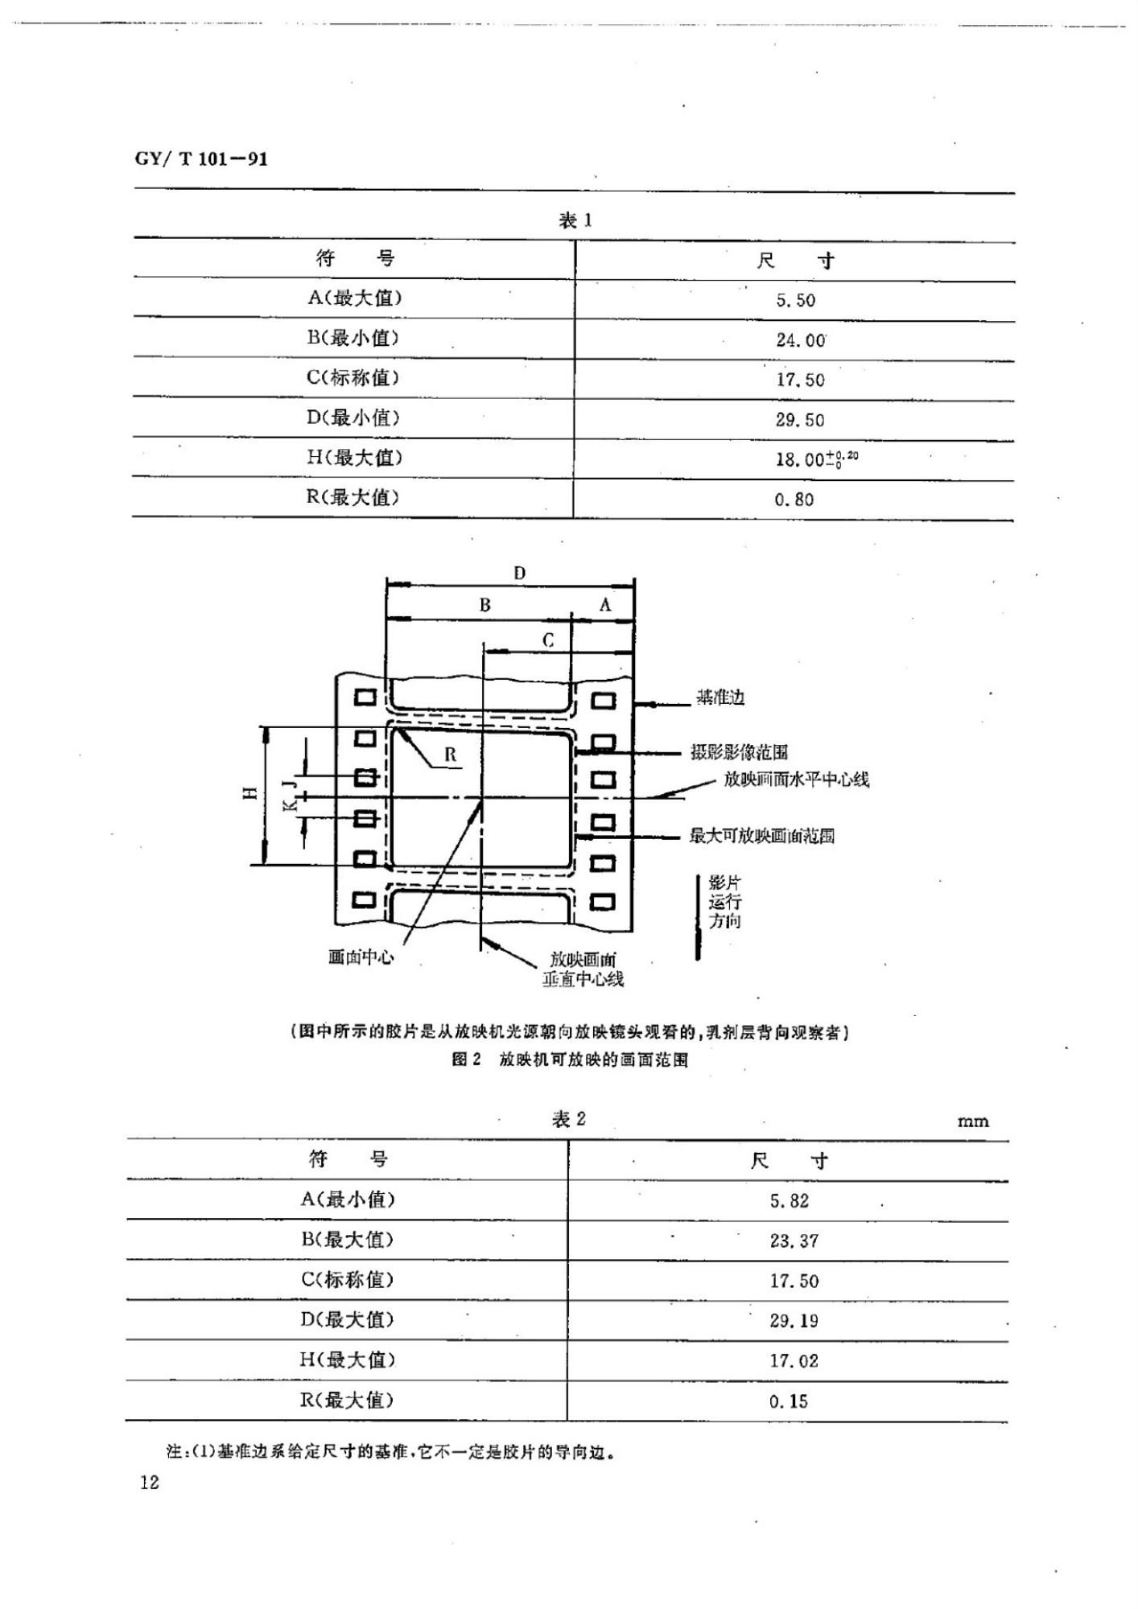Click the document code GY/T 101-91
point(201,158)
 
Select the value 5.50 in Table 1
point(795,300)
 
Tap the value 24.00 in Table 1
point(801,339)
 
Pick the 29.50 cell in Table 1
point(800,419)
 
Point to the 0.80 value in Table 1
point(794,499)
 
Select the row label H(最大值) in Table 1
point(353,457)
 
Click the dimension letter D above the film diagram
point(519,573)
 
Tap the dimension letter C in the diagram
point(548,640)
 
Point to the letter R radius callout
point(450,754)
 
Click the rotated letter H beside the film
point(251,792)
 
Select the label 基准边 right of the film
point(720,698)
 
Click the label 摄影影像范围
point(739,752)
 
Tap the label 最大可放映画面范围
point(761,836)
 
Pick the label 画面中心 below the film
point(361,957)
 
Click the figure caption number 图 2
point(466,1060)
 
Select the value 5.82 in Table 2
point(789,1201)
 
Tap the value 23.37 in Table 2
point(794,1241)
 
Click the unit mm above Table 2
point(973,1121)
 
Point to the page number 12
point(150,1483)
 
